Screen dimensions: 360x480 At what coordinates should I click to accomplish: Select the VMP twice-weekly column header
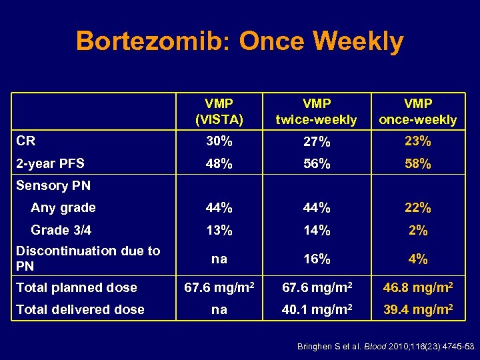click(x=317, y=111)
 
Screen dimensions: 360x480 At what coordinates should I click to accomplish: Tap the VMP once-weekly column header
click(x=418, y=111)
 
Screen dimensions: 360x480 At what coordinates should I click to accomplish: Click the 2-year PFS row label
click(x=51, y=163)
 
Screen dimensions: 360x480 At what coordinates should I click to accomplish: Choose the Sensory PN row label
click(x=53, y=185)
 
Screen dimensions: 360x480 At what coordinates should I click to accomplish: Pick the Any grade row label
click(x=63, y=207)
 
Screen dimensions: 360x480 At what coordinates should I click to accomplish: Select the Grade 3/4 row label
click(x=61, y=230)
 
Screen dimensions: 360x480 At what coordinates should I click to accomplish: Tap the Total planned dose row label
click(x=77, y=287)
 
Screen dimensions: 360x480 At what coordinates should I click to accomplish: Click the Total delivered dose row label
click(x=80, y=309)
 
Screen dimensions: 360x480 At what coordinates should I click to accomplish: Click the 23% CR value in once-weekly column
click(x=418, y=141)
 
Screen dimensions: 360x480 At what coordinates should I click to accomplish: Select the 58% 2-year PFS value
click(x=418, y=163)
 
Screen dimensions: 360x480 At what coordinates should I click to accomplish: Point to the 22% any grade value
click(x=418, y=208)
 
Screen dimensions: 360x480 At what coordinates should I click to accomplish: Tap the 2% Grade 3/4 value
click(x=418, y=231)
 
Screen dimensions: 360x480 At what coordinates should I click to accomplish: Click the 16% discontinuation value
click(x=317, y=259)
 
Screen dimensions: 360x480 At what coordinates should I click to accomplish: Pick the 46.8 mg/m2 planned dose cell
click(x=418, y=287)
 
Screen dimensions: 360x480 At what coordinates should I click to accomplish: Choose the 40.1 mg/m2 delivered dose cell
click(x=317, y=309)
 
